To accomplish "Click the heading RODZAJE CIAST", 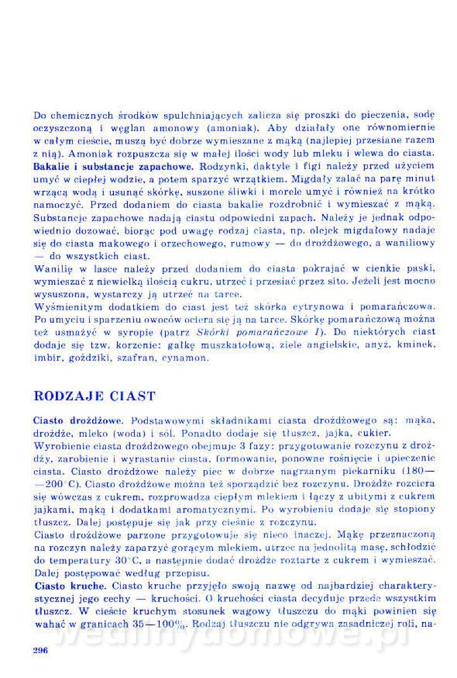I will (x=94, y=395).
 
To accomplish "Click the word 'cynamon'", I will (x=186, y=358).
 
